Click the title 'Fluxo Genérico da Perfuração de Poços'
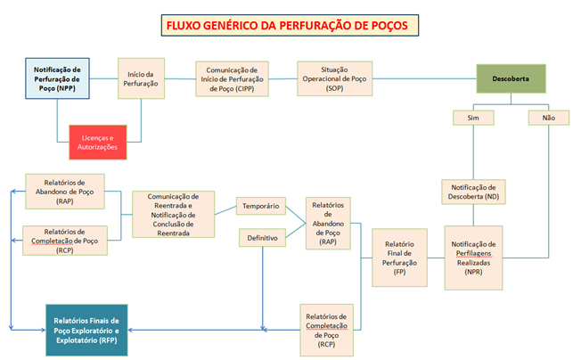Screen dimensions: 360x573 click(x=285, y=25)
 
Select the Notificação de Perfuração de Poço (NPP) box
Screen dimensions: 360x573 click(x=57, y=79)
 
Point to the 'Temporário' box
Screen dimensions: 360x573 click(x=259, y=207)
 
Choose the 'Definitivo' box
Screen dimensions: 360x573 click(x=259, y=239)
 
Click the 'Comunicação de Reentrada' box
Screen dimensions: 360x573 click(x=173, y=215)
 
